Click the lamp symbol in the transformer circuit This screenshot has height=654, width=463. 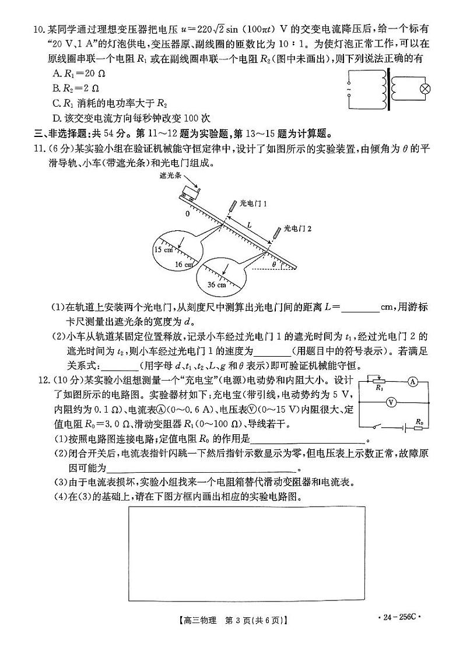click(425, 89)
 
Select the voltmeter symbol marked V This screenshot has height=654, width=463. click(392, 403)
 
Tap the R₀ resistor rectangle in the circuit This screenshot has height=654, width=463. click(418, 428)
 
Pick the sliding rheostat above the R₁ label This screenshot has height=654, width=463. click(379, 380)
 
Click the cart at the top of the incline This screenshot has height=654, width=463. click(190, 192)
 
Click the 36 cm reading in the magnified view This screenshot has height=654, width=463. click(216, 284)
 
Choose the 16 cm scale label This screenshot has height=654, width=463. click(184, 264)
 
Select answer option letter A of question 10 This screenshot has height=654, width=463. click(56, 73)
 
